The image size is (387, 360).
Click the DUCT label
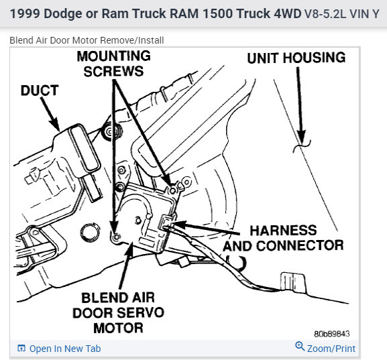click(x=40, y=91)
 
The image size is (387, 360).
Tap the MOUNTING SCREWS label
click(x=113, y=64)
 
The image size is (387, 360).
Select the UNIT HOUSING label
click(x=296, y=58)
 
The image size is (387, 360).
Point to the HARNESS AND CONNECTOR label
click(x=283, y=238)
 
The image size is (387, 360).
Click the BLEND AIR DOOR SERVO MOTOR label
click(x=119, y=313)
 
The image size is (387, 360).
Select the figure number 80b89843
click(x=332, y=334)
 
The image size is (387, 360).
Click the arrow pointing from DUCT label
click(x=50, y=114)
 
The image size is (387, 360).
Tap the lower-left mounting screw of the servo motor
click(x=116, y=237)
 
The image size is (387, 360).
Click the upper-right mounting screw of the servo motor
click(x=173, y=190)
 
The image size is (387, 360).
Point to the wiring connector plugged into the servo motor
click(x=166, y=222)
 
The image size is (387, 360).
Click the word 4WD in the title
click(x=288, y=13)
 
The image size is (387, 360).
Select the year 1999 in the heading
click(x=25, y=13)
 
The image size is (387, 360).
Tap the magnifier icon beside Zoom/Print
click(x=300, y=346)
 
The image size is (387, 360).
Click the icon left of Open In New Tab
click(x=21, y=348)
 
